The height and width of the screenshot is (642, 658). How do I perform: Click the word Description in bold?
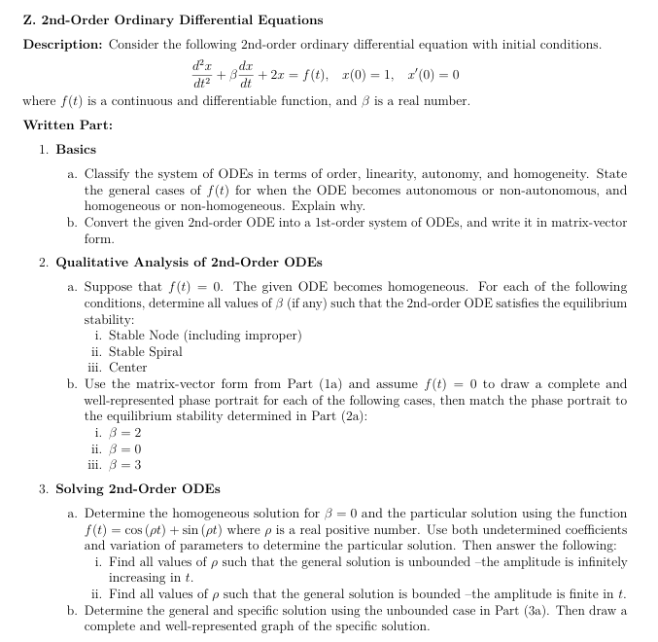point(62,45)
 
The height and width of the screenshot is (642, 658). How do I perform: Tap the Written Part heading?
point(67,125)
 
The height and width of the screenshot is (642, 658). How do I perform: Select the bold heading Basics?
point(76,149)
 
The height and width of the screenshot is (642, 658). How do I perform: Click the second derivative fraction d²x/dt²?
point(204,75)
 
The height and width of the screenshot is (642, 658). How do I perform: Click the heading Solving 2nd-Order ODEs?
point(137,488)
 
